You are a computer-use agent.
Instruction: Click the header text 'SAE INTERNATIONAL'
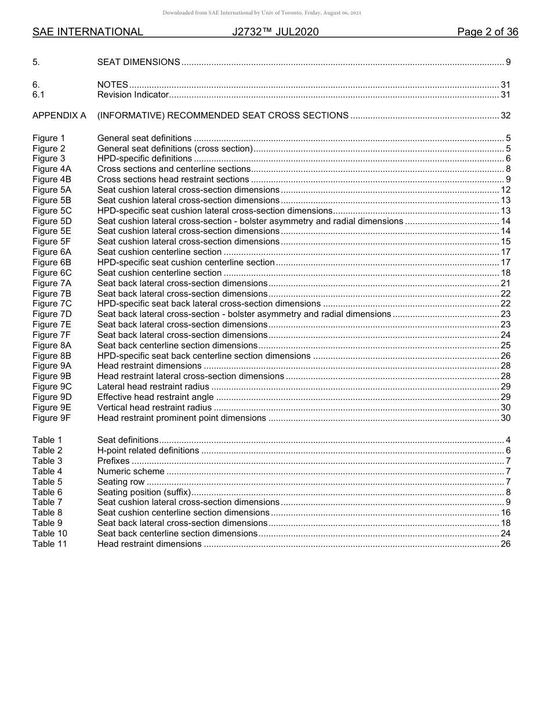88,32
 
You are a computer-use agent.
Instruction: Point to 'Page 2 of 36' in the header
487,32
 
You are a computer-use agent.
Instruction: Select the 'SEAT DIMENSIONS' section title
139,62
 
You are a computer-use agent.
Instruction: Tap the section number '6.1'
39,95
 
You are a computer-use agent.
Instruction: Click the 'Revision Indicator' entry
133,95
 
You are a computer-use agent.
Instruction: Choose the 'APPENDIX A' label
59,116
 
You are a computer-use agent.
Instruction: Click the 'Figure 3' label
49,158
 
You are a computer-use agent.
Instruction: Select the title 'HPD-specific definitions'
144,158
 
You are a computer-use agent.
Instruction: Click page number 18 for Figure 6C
505,273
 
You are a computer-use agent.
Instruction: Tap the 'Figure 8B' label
52,356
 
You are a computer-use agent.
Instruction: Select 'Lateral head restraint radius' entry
153,387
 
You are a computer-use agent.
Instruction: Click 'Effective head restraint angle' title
155,397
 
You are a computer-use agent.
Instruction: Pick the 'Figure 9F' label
52,418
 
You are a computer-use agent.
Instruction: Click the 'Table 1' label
47,440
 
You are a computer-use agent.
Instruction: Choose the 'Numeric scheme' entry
130,471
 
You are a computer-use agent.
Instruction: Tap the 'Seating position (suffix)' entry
144,492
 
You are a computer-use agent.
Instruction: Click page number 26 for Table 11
505,544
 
